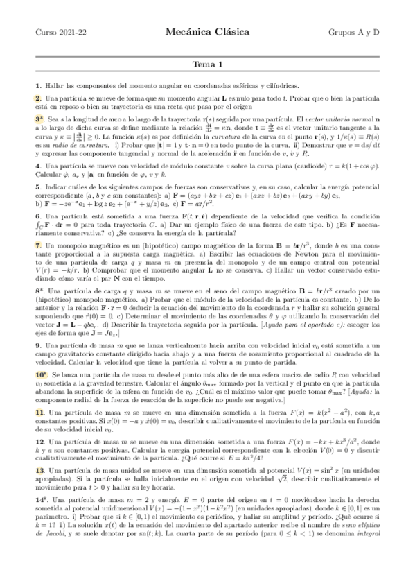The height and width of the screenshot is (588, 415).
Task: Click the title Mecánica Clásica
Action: (207, 31)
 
